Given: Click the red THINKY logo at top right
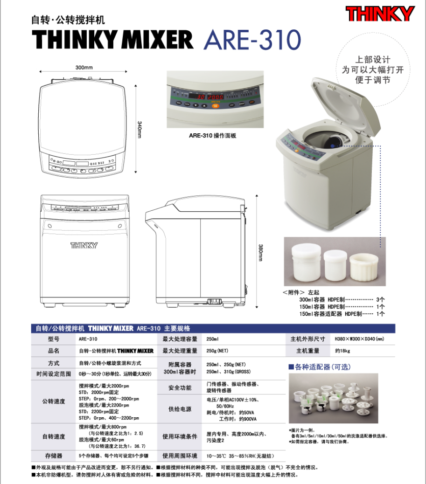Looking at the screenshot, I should point(380,14).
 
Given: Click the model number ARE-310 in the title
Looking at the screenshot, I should point(252,41).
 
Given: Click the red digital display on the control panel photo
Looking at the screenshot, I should point(206,97).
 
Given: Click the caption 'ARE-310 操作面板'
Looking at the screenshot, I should point(213,136).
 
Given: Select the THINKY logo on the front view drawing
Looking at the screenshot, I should point(84,245).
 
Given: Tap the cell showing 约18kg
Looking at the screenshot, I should point(342,351).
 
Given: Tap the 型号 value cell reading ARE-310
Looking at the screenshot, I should point(88,339).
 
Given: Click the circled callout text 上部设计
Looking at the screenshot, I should point(373,60).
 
